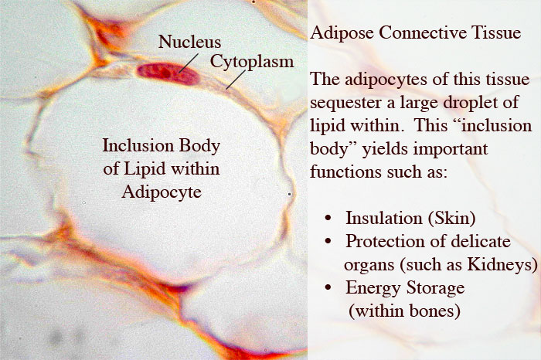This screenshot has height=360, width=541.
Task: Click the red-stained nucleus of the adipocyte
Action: [x=168, y=73]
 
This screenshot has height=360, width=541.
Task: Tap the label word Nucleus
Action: [x=189, y=42]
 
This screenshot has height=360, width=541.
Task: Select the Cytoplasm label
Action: [x=252, y=61]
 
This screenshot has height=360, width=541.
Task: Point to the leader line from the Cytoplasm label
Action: [x=236, y=80]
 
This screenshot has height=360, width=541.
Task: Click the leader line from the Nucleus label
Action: [x=189, y=63]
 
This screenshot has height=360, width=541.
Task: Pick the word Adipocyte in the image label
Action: [x=162, y=192]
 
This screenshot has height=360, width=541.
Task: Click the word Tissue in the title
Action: [x=496, y=32]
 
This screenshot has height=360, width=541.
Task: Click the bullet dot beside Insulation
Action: [x=328, y=219]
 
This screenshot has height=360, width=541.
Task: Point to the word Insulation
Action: [x=384, y=218]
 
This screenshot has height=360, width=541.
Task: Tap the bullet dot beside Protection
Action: [x=328, y=241]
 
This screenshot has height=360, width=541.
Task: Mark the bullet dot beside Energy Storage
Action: [x=328, y=287]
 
